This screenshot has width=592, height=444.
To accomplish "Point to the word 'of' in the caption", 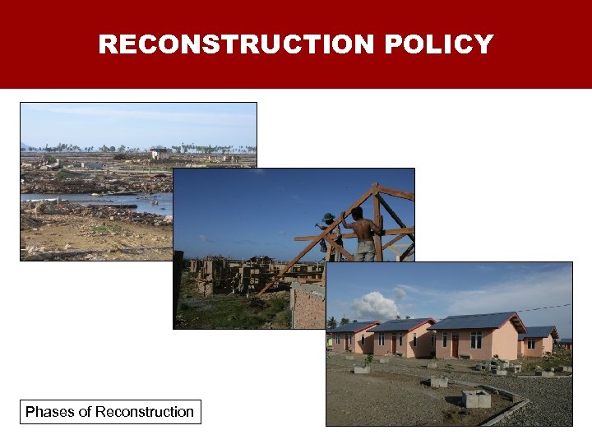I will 85,412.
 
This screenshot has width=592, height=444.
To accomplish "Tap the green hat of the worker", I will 329,218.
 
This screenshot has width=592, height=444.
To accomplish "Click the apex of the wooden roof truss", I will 375,187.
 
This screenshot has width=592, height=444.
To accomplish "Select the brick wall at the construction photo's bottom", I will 308,308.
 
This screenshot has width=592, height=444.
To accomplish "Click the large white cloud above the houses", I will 374,305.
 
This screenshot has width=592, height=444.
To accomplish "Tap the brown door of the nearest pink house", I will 455,345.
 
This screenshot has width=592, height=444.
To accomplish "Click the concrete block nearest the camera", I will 476,399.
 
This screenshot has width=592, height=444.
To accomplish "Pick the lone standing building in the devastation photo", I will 160,154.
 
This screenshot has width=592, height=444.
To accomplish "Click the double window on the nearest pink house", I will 476,340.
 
